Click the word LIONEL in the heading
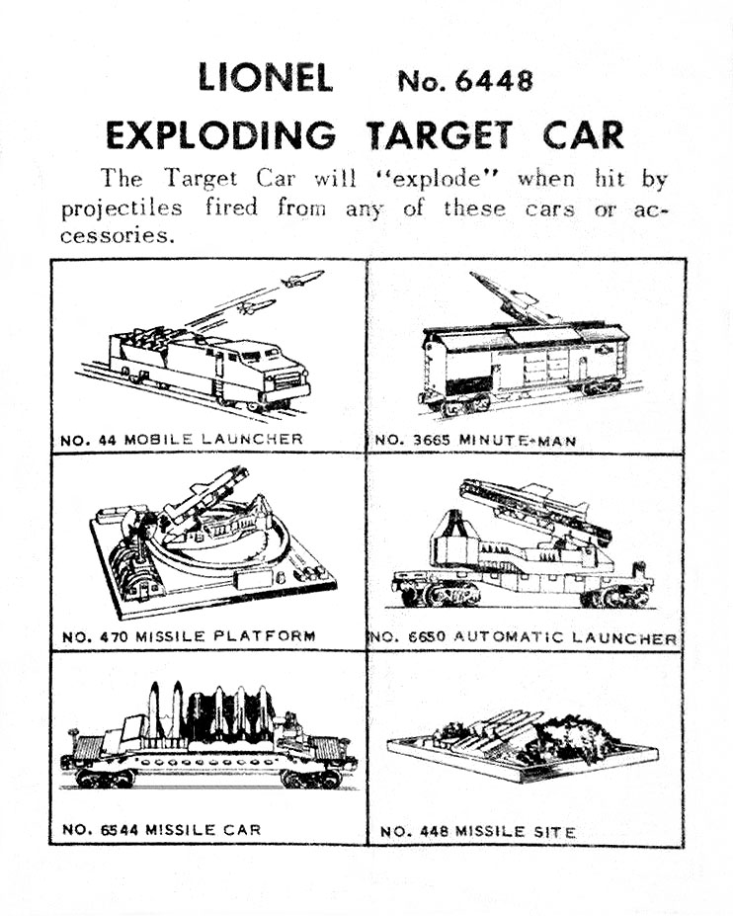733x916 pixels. pos(265,78)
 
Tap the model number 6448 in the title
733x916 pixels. pos(465,80)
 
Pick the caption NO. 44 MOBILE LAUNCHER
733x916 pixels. pos(182,439)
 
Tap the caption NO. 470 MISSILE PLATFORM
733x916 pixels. pos(189,636)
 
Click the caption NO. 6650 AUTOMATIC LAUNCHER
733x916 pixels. pos(524,638)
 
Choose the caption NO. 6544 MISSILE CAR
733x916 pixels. pos(162,829)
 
